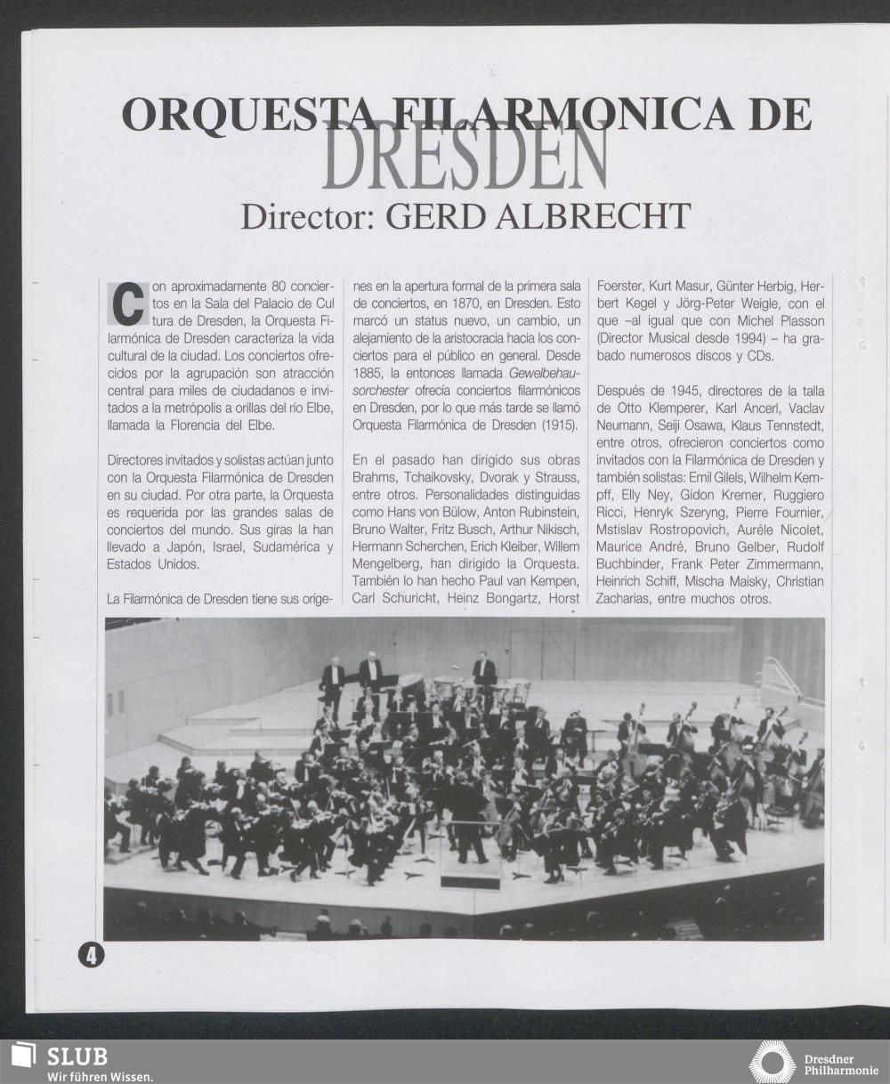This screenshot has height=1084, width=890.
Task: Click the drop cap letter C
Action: (127, 303)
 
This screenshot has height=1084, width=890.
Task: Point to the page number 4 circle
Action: (91, 955)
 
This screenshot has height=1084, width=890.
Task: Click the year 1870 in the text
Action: (460, 303)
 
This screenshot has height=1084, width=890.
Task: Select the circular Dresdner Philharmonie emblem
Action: (772, 1062)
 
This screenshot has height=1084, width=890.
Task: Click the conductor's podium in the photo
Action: (471, 879)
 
